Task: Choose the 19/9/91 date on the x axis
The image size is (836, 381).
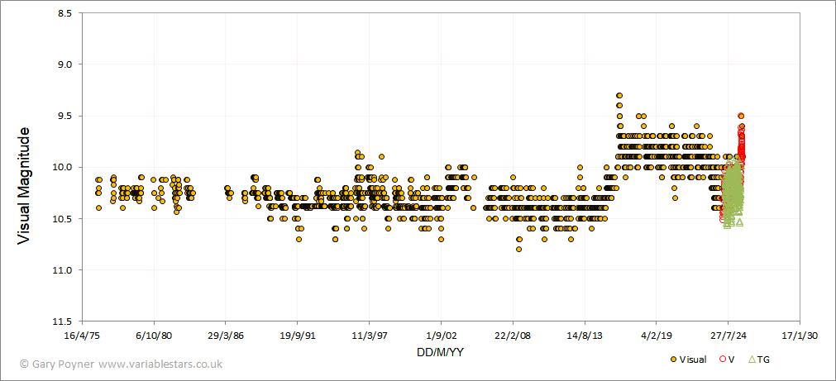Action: [x=297, y=336]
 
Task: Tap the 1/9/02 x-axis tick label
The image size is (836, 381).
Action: [x=441, y=336]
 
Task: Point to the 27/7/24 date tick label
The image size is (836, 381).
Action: [x=728, y=336]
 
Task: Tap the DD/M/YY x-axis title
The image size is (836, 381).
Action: [x=440, y=353]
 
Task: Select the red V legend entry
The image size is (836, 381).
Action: [x=728, y=360]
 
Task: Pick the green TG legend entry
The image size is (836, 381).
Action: [x=758, y=360]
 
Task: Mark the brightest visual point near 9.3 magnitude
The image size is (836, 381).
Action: [x=619, y=96]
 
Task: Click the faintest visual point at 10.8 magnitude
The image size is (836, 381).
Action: [x=518, y=249]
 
